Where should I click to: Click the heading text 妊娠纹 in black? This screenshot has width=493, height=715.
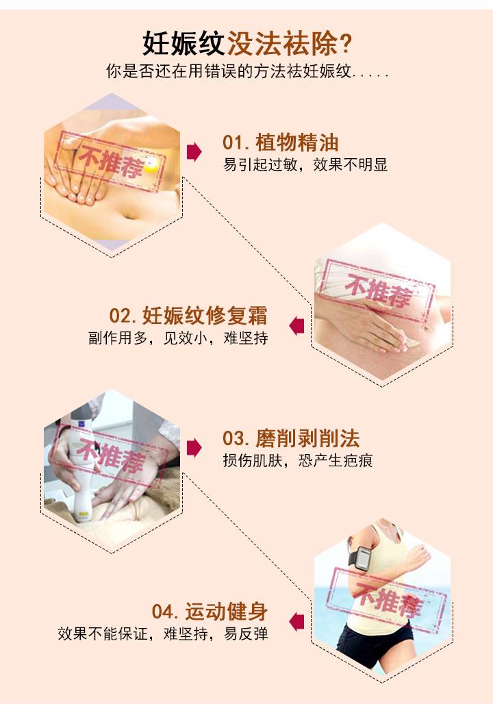click(x=184, y=44)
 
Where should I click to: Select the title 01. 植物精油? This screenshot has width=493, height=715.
click(x=281, y=142)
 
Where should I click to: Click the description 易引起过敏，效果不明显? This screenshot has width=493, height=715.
click(x=305, y=164)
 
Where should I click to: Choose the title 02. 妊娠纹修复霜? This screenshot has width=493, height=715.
click(x=188, y=316)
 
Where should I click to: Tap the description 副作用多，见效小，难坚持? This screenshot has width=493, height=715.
click(x=178, y=338)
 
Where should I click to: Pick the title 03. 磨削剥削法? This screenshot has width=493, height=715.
click(x=291, y=439)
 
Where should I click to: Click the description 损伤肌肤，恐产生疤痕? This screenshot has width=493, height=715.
click(x=298, y=460)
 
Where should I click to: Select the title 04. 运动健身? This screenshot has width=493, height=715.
click(x=210, y=612)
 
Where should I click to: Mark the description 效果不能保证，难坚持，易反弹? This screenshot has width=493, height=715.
click(x=163, y=634)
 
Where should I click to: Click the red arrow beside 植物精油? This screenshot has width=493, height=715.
click(x=194, y=152)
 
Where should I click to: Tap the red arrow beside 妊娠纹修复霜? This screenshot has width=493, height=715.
click(x=296, y=325)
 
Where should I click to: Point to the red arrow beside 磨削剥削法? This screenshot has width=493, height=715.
click(x=194, y=448)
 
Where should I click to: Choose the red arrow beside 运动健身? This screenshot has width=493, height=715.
click(x=296, y=622)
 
